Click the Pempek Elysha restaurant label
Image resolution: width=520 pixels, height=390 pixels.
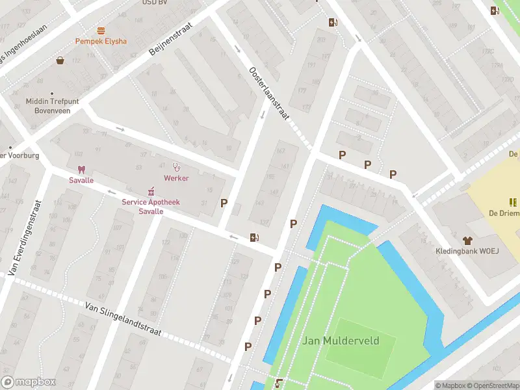point(101,41)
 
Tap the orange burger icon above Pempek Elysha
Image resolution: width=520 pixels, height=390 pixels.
point(101,30)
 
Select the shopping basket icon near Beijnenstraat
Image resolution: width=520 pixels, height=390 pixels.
point(60,60)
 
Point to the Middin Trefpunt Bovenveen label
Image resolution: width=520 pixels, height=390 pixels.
point(51,105)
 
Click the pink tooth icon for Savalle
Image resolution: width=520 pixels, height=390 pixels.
point(81,169)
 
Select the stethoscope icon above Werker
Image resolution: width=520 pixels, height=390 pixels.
point(175,167)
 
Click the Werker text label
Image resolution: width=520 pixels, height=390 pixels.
point(176,178)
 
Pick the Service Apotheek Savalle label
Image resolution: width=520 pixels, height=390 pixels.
point(151,207)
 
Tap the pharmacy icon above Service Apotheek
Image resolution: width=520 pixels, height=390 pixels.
point(151,191)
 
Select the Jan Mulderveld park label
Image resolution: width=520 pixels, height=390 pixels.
point(340,341)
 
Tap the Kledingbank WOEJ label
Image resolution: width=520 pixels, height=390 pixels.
point(466,251)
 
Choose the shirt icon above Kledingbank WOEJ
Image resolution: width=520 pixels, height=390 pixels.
point(466,240)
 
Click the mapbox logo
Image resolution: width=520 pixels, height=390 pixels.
point(28,382)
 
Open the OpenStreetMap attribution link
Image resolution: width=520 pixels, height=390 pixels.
point(493,385)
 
